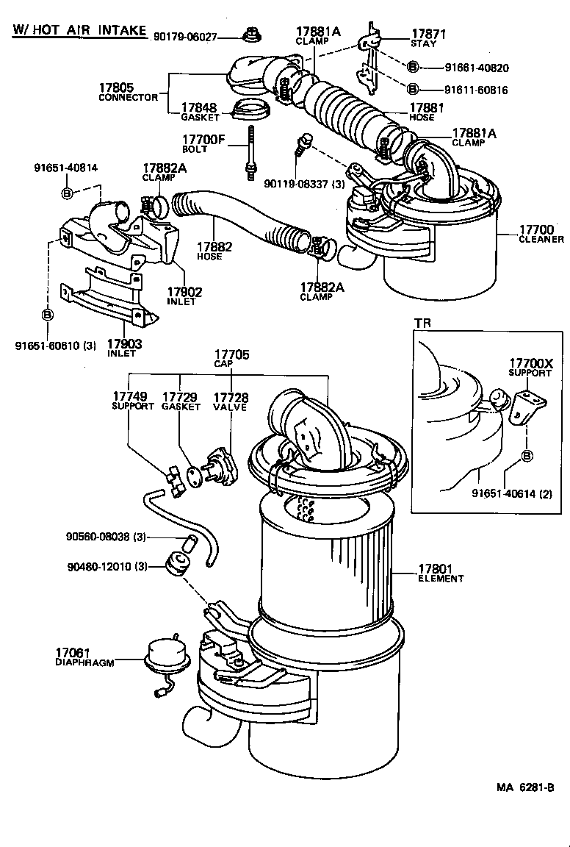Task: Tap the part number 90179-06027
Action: tap(186, 36)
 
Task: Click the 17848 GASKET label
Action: tap(200, 112)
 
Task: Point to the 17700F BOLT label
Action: tap(206, 143)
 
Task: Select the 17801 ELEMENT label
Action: tap(441, 573)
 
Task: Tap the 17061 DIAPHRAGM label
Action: tap(84, 657)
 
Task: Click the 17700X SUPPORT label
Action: tap(530, 368)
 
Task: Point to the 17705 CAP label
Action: tap(231, 359)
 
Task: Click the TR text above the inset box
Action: tap(422, 324)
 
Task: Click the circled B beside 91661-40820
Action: tap(413, 67)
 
